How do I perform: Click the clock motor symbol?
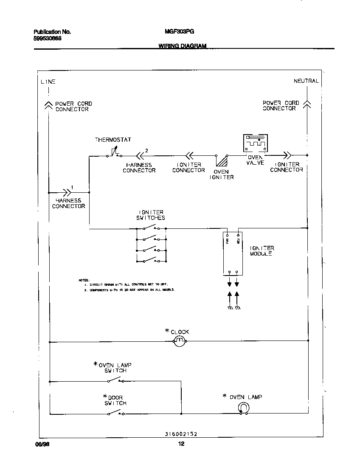point(180,341)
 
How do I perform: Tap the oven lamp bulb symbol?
point(243,408)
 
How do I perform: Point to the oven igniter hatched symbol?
point(221,161)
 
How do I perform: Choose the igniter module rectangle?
point(233,253)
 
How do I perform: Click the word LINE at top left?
point(48,82)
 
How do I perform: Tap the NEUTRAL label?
point(306,81)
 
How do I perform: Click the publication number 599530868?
point(47,38)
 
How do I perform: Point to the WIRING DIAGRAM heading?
point(183,46)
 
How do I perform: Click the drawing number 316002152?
point(181,434)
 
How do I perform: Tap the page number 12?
point(181,444)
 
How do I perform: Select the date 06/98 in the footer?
point(40,444)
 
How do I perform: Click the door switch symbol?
point(116,413)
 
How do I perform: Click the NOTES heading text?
point(84,280)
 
